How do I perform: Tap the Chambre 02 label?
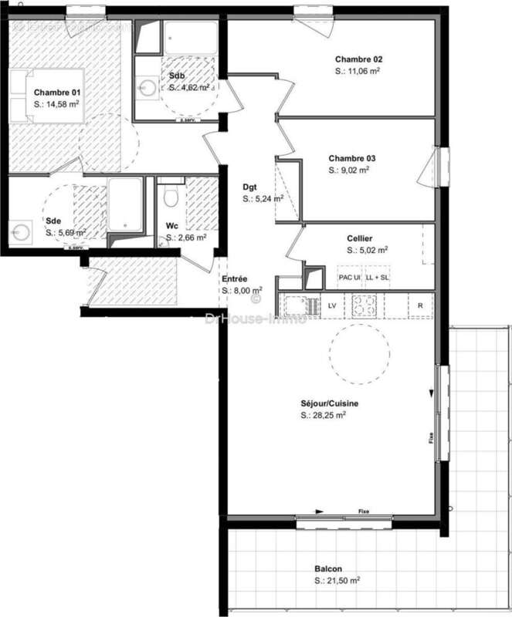coord(358,59)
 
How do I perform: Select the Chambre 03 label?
coord(351,159)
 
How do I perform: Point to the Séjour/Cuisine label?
coord(330,403)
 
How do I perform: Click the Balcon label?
coord(327,568)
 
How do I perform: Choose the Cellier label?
coord(360,238)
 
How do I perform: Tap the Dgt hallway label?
coord(249,187)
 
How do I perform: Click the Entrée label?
coord(235,278)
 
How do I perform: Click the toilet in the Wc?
coord(172,198)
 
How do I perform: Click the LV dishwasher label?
coord(332,306)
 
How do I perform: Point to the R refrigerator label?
coord(420,306)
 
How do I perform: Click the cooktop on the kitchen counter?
coord(364,305)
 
